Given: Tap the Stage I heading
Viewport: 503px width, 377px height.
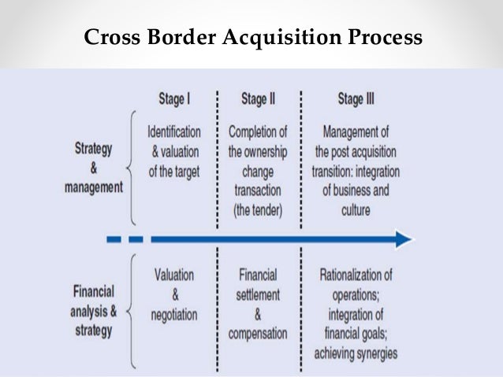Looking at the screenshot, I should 174,99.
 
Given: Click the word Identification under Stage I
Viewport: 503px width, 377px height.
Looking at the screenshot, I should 174,131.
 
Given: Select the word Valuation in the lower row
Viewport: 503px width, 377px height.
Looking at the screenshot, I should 174,275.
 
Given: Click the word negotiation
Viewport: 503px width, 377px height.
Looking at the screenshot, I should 174,314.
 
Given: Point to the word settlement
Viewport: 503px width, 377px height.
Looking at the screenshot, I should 257,295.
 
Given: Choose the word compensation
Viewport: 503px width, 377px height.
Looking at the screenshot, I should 257,334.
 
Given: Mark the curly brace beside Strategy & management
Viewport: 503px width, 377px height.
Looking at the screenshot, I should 130,167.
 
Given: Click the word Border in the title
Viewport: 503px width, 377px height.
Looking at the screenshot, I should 168,38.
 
